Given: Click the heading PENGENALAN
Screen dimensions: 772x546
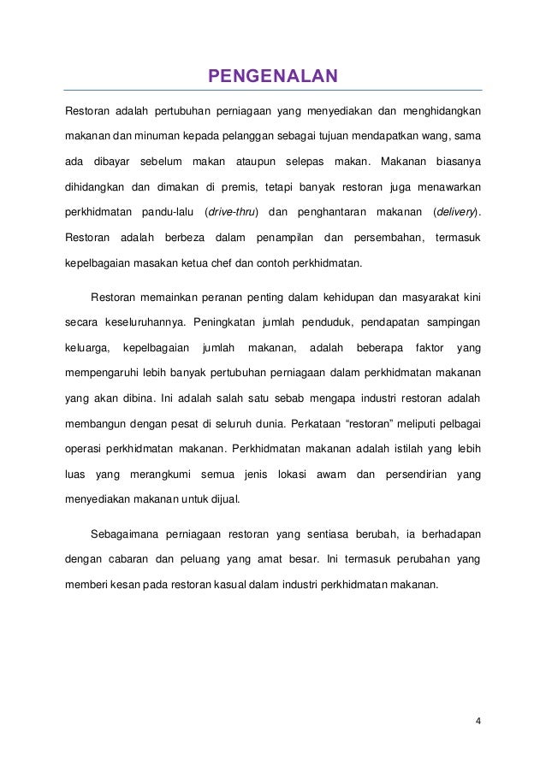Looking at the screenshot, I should point(273,80).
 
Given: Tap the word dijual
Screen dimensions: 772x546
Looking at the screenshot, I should point(223,499).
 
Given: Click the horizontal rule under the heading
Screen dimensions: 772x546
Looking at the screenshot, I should point(273,91).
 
